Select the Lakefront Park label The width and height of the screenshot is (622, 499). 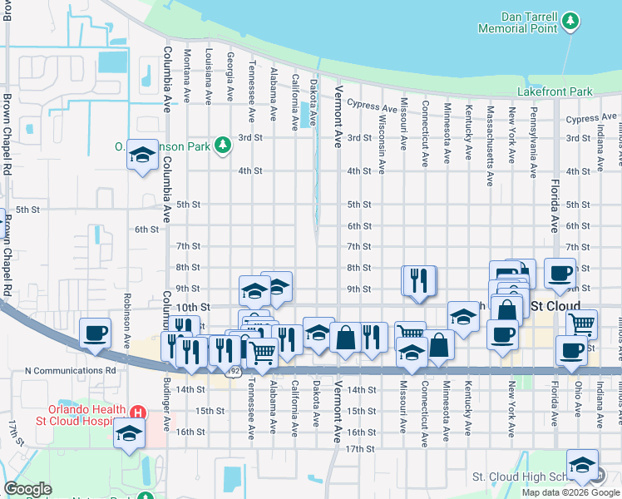pyautogui.click(x=554, y=91)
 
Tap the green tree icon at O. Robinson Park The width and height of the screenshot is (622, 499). pyautogui.click(x=222, y=146)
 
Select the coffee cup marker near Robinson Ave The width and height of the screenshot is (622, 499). pyautogui.click(x=96, y=333)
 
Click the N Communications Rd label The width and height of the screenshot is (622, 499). pyautogui.click(x=71, y=370)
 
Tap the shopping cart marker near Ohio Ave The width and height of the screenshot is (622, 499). pyautogui.click(x=582, y=323)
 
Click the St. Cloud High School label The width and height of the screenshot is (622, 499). pyautogui.click(x=520, y=477)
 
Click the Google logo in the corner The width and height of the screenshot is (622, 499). pyautogui.click(x=28, y=488)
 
